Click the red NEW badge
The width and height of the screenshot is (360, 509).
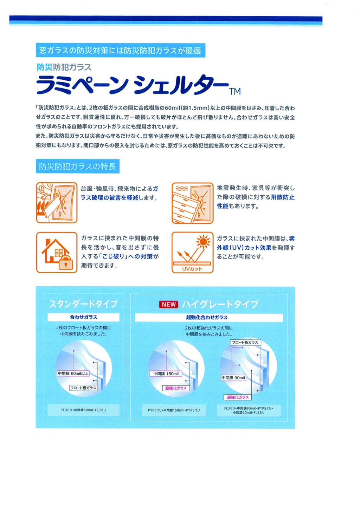[x=168, y=305]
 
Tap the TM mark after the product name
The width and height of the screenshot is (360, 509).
[x=235, y=91]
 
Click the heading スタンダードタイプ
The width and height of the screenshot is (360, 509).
[x=83, y=304]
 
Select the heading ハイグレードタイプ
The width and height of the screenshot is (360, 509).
[x=220, y=304]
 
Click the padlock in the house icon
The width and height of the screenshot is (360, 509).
[x=66, y=262]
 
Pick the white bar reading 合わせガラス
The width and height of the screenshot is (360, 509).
[x=83, y=317]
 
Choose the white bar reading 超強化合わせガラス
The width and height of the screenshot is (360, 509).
[x=209, y=318]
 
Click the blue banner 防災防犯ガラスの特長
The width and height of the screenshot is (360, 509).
[x=78, y=167]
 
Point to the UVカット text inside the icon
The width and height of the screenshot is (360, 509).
[x=192, y=269]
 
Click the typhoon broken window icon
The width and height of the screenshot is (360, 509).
[x=57, y=202]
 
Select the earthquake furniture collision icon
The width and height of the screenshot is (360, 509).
[x=192, y=203]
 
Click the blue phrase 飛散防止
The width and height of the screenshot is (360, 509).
[x=283, y=197]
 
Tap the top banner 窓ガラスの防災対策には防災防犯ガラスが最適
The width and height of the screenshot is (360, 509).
[x=121, y=50]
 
